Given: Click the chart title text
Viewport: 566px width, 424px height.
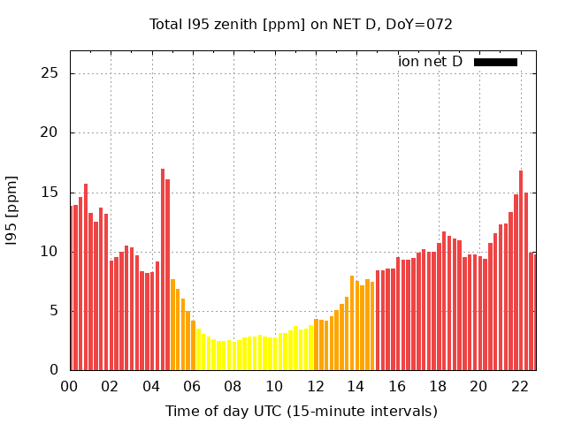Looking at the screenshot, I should [301, 24].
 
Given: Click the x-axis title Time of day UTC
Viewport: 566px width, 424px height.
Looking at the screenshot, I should [301, 412].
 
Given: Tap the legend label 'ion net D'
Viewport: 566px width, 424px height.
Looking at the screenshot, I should [430, 62].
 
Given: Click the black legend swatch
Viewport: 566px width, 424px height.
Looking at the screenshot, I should [495, 62].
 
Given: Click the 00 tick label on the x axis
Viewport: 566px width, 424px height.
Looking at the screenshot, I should [70, 387].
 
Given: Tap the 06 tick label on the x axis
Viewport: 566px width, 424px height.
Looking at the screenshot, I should [193, 387].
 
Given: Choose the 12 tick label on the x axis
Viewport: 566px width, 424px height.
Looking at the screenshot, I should [315, 387].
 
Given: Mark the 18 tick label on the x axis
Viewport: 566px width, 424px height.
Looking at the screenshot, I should [438, 387].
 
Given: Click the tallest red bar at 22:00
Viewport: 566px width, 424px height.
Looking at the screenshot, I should [521, 270].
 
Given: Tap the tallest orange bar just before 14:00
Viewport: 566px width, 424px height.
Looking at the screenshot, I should [352, 323].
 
